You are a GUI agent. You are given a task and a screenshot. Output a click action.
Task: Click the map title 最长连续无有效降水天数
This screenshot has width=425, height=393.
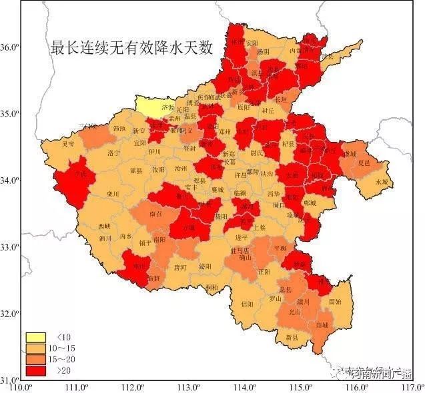click(x=131, y=48)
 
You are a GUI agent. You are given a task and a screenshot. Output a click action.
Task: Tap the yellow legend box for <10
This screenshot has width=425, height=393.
click(x=35, y=337)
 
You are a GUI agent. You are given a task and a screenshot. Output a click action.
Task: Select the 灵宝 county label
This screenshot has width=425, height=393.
click(x=68, y=144)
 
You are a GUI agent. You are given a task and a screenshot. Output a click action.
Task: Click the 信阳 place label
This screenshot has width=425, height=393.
click(x=247, y=304)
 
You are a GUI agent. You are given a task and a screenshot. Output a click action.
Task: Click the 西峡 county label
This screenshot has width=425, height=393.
click(x=104, y=226)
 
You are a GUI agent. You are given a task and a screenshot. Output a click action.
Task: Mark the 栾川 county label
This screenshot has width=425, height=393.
click(x=93, y=194)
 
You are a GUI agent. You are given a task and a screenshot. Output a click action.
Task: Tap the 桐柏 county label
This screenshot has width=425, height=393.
click(x=212, y=287)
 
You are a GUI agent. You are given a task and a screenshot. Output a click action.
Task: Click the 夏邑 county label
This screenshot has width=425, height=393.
click(x=364, y=162)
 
